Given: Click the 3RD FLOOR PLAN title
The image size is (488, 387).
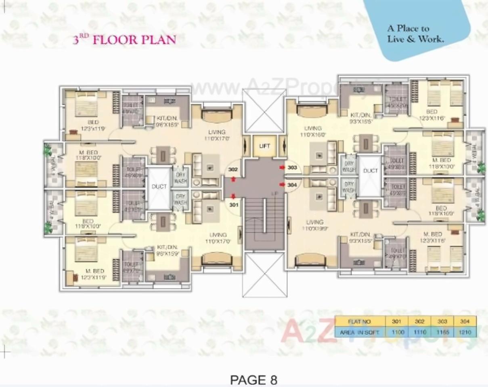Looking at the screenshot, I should [124, 40].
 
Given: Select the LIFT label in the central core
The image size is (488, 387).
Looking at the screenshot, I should [264, 146].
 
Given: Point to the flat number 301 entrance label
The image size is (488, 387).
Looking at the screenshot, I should [233, 204].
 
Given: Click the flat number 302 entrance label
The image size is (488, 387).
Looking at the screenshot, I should [233, 170].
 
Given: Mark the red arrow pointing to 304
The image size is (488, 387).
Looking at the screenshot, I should [282, 185].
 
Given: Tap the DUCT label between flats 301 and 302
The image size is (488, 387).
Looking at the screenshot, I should [159, 187].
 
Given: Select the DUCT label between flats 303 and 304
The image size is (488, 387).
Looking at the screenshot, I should [370, 171].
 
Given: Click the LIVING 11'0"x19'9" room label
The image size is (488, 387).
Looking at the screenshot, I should [314, 225].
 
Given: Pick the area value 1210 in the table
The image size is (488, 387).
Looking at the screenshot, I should [465, 332].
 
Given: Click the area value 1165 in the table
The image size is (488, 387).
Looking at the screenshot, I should [442, 332].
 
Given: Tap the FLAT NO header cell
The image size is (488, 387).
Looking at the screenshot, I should [359, 322].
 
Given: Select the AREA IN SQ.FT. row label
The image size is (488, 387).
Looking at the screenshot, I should [359, 332].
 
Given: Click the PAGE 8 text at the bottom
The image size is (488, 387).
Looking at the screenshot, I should [253, 380].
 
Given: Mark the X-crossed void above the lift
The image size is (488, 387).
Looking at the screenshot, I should [264, 110].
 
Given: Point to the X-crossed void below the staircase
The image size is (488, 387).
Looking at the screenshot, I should [264, 274].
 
